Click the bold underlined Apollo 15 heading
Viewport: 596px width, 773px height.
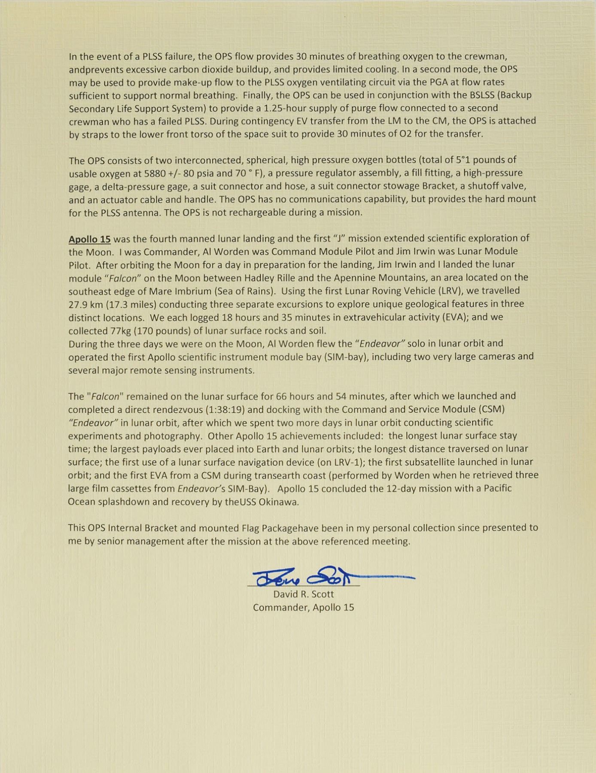coord(89,239)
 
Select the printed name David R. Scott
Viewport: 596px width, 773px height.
coord(304,594)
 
